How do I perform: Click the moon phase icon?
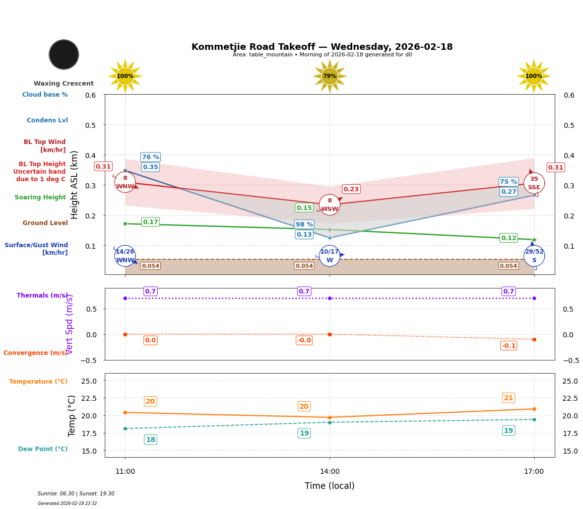(x=64, y=54)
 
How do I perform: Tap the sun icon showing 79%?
(x=330, y=76)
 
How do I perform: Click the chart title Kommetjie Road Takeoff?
(x=322, y=47)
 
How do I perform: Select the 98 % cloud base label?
(x=304, y=225)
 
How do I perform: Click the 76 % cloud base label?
(x=150, y=157)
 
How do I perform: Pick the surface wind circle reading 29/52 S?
(x=534, y=256)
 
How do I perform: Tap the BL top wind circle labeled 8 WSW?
(x=330, y=205)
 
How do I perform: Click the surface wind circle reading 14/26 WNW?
(x=125, y=256)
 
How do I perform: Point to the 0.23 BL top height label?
(x=351, y=189)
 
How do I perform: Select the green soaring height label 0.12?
(x=508, y=238)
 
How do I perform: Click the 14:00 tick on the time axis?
(x=330, y=472)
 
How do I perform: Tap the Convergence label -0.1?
(x=508, y=346)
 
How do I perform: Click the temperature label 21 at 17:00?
(x=508, y=398)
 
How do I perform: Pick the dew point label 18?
(x=150, y=440)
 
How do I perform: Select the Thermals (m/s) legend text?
(x=42, y=296)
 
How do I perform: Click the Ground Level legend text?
(x=45, y=223)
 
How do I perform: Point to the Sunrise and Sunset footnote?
(x=76, y=494)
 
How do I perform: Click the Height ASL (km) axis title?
(x=75, y=184)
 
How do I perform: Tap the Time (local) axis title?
(x=330, y=486)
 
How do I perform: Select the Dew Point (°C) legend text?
(x=43, y=449)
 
